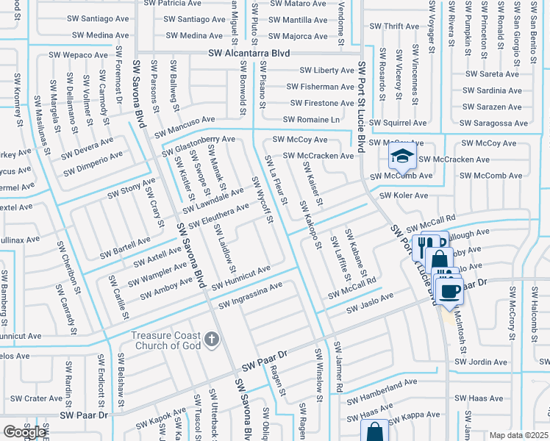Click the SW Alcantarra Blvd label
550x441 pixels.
coord(249,53)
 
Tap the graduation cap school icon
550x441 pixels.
coord(402,156)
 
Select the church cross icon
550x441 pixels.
coord(212,339)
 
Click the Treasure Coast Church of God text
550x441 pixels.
coord(166,340)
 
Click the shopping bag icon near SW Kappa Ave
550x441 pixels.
coord(374,431)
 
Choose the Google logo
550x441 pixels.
coord(24,432)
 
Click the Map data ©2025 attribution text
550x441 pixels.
coord(518,435)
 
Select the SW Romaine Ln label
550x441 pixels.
coord(312,119)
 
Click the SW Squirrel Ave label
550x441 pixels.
coord(398,123)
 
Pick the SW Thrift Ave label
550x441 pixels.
coord(394,26)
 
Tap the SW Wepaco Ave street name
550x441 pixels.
coord(79,54)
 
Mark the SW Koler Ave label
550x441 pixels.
coord(404,196)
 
